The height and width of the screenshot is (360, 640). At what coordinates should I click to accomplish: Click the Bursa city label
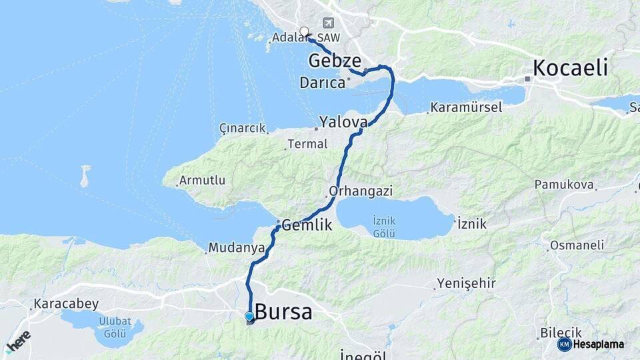coord(283,311)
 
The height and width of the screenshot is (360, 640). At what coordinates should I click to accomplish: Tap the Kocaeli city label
coord(570,67)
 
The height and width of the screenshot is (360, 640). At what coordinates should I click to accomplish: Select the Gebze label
coord(335,61)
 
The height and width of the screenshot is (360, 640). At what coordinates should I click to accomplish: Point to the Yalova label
coord(343,122)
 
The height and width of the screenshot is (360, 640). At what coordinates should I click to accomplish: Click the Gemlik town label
coord(307,225)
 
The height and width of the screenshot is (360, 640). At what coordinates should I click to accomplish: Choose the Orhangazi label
coord(361,191)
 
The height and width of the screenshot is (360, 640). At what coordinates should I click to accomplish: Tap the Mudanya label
coord(232,247)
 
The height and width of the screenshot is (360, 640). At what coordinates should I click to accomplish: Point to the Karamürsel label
coord(466,107)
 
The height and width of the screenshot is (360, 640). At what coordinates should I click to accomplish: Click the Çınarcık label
coord(242,128)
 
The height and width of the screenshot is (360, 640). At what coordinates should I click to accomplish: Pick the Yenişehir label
coord(466,284)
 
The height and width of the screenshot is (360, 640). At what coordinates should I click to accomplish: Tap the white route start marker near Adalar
coord(305,31)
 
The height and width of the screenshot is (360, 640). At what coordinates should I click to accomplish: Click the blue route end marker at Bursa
coord(249,317)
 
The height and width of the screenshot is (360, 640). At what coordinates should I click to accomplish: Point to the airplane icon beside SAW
coord(327,23)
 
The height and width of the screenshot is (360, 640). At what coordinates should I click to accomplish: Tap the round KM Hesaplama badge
coord(564,344)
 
